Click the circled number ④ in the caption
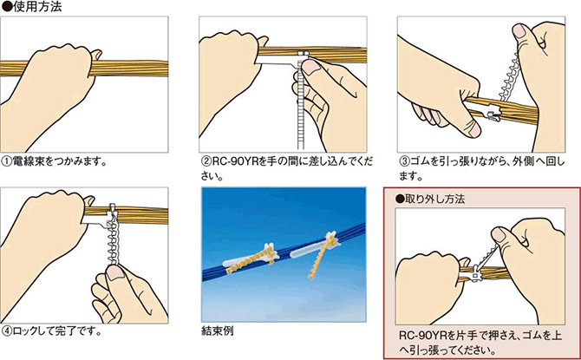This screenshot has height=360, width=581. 7,331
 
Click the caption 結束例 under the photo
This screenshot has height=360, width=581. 218,331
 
